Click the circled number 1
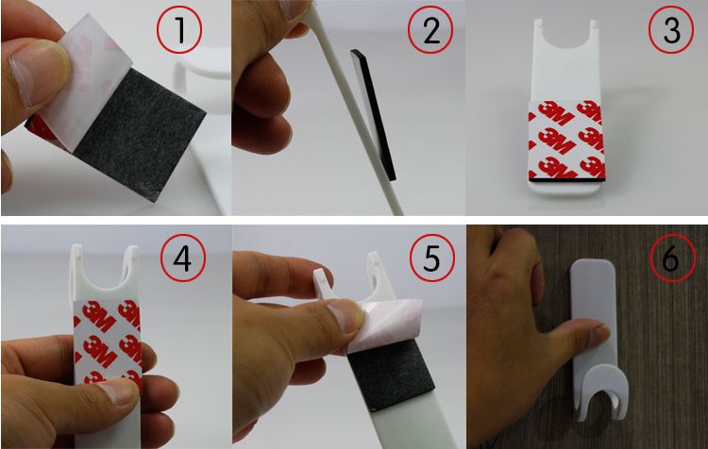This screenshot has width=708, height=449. tap(179, 31)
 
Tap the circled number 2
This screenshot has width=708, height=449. tap(430, 31)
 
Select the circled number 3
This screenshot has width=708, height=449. tap(671, 31)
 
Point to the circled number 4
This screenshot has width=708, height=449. tap(183, 259)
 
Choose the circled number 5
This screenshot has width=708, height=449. tap(432, 258)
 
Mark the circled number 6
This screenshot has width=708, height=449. tap(673, 258)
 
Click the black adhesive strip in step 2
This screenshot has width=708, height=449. tap(373, 115)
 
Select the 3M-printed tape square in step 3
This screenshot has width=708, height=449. tap(566, 139)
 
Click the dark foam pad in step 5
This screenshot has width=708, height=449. tap(391, 374)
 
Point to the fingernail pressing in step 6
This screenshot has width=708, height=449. tap(600, 336)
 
